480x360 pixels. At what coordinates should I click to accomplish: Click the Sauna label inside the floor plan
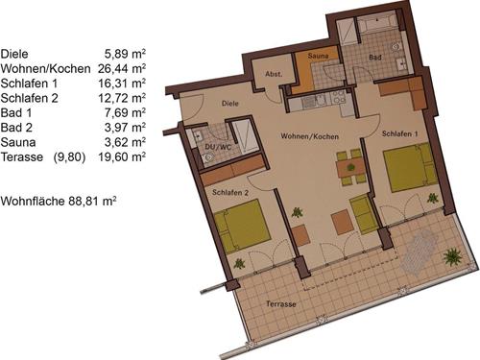[318, 56]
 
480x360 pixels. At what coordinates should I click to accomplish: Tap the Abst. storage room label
[274, 74]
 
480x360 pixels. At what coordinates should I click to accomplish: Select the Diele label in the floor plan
[230, 104]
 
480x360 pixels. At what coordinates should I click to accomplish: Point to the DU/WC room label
[218, 147]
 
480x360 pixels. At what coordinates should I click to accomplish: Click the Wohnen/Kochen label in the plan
[309, 136]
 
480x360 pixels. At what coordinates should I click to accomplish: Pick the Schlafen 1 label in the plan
[399, 133]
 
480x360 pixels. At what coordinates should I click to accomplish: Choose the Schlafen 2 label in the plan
[230, 193]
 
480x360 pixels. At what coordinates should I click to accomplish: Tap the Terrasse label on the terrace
[281, 303]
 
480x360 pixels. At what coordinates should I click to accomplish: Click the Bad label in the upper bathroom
[375, 58]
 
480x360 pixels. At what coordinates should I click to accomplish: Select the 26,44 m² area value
[122, 68]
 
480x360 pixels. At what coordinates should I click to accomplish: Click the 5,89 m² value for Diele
[125, 54]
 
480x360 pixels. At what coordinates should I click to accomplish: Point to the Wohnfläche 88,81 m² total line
[59, 202]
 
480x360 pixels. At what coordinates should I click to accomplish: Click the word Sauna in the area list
[18, 142]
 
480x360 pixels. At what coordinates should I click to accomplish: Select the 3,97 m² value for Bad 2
[125, 128]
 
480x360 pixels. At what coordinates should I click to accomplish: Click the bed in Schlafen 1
[410, 168]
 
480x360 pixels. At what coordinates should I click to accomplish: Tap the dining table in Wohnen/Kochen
[351, 168]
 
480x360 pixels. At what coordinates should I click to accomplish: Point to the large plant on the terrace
[452, 256]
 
